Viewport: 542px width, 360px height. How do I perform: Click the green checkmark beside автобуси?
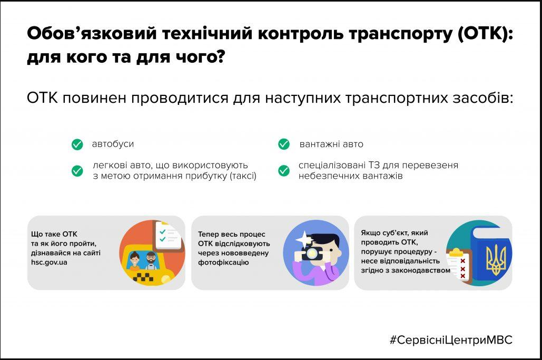point(77,144)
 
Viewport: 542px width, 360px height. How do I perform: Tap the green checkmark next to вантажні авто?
point(284,144)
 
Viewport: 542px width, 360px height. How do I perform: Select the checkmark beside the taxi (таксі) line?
point(77,171)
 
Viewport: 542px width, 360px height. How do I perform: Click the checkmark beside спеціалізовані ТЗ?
point(284,171)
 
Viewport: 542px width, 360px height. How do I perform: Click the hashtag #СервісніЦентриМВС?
point(450,340)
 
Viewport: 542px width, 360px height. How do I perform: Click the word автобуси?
point(113,144)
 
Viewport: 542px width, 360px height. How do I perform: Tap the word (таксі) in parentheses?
point(243,176)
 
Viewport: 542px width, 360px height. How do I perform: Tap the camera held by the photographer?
point(311,255)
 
